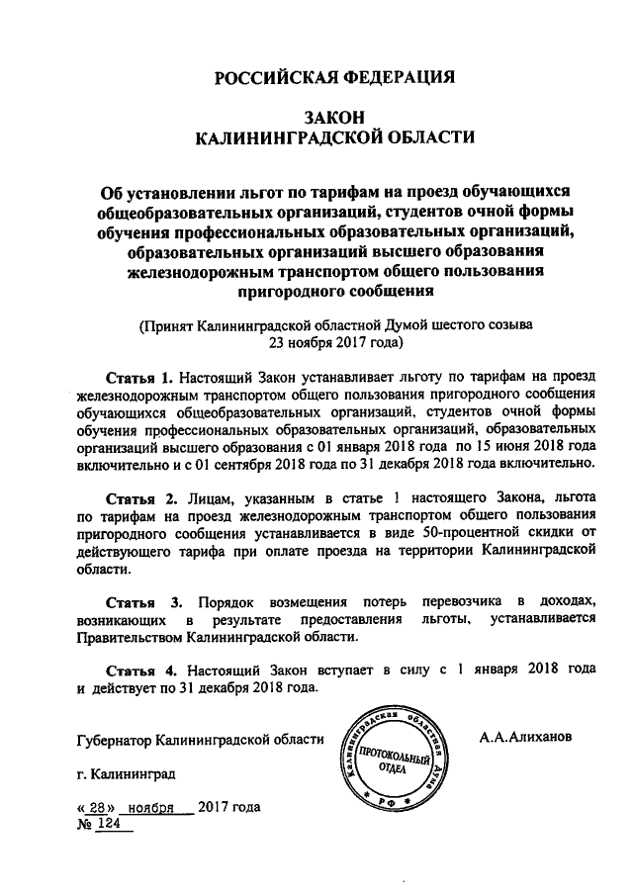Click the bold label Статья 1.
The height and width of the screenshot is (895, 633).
[139, 378]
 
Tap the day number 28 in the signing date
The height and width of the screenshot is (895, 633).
[97, 807]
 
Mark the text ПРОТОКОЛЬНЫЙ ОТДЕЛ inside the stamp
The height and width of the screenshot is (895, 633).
[392, 760]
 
